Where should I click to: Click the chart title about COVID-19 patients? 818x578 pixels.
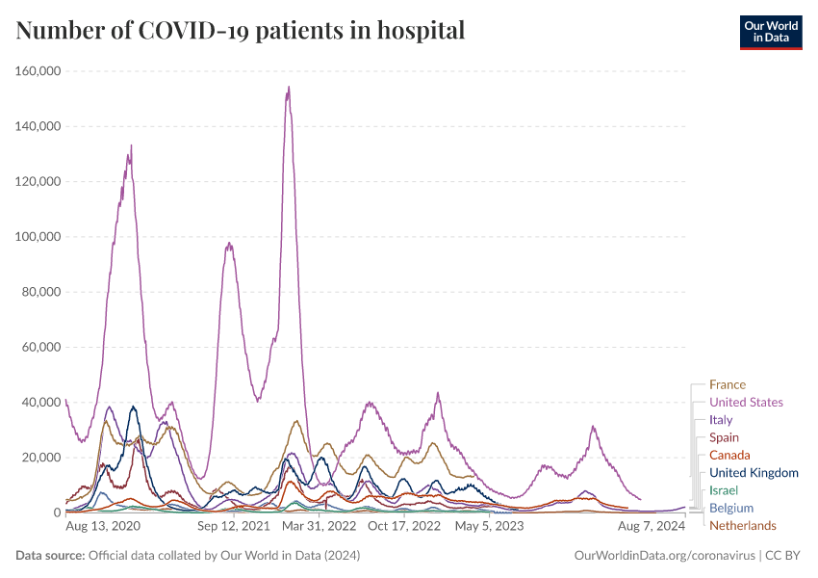click(241, 31)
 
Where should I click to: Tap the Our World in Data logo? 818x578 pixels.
click(771, 32)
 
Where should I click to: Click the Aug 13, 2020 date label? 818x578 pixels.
click(103, 527)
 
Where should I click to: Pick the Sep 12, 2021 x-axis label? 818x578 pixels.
click(234, 527)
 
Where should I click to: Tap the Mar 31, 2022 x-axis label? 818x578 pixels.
click(320, 527)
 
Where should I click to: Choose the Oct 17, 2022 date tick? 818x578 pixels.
click(404, 527)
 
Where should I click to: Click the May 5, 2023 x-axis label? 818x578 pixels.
click(489, 527)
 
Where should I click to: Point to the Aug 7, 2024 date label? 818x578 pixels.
click(652, 527)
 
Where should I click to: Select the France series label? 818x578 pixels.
click(728, 385)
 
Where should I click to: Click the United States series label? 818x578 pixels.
click(746, 403)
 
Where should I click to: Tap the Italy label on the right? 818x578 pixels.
click(721, 420)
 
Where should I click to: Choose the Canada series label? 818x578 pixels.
click(729, 455)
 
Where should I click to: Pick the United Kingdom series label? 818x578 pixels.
click(754, 472)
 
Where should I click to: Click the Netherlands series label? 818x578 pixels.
click(742, 525)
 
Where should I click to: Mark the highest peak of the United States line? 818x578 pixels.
click(289, 88)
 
